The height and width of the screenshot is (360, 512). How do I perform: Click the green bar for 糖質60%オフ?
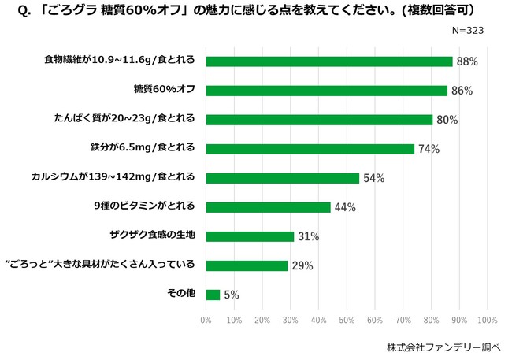coord(327,91)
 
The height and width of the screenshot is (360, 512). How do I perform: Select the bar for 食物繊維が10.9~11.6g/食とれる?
coord(329,61)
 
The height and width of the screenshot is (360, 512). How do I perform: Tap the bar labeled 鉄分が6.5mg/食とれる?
coord(310,149)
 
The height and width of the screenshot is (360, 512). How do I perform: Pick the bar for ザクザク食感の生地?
coord(250,236)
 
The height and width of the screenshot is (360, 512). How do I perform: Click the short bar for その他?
coord(213,295)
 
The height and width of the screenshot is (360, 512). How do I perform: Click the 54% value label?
coord(373,178)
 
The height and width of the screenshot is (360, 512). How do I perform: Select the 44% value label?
coord(345,207)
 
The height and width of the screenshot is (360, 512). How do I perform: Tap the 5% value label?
coord(231,295)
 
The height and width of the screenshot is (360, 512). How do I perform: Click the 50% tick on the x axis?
coord(347,320)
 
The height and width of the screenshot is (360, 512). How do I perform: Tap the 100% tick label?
coord(487,320)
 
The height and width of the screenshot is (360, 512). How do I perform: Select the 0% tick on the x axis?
coord(206,320)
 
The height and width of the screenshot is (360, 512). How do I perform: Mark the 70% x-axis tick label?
coord(403,320)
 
